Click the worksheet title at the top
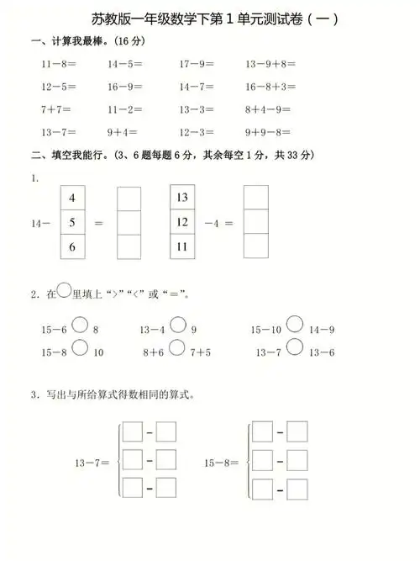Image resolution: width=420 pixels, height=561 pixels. pyautogui.click(x=210, y=19)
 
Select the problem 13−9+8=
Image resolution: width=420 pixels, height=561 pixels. pyautogui.click(x=273, y=64)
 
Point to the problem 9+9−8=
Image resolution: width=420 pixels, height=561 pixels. pyautogui.click(x=269, y=132)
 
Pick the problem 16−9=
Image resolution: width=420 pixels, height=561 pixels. pyautogui.click(x=124, y=87)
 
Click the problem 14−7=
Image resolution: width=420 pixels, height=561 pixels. pyautogui.click(x=197, y=87)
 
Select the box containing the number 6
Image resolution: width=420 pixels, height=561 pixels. pyautogui.click(x=72, y=246)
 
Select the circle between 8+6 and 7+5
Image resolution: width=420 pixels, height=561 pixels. pyautogui.click(x=177, y=347)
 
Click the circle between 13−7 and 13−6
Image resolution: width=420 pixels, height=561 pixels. pyautogui.click(x=295, y=347)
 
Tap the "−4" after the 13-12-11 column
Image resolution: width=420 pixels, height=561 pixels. pyautogui.click(x=213, y=223)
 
